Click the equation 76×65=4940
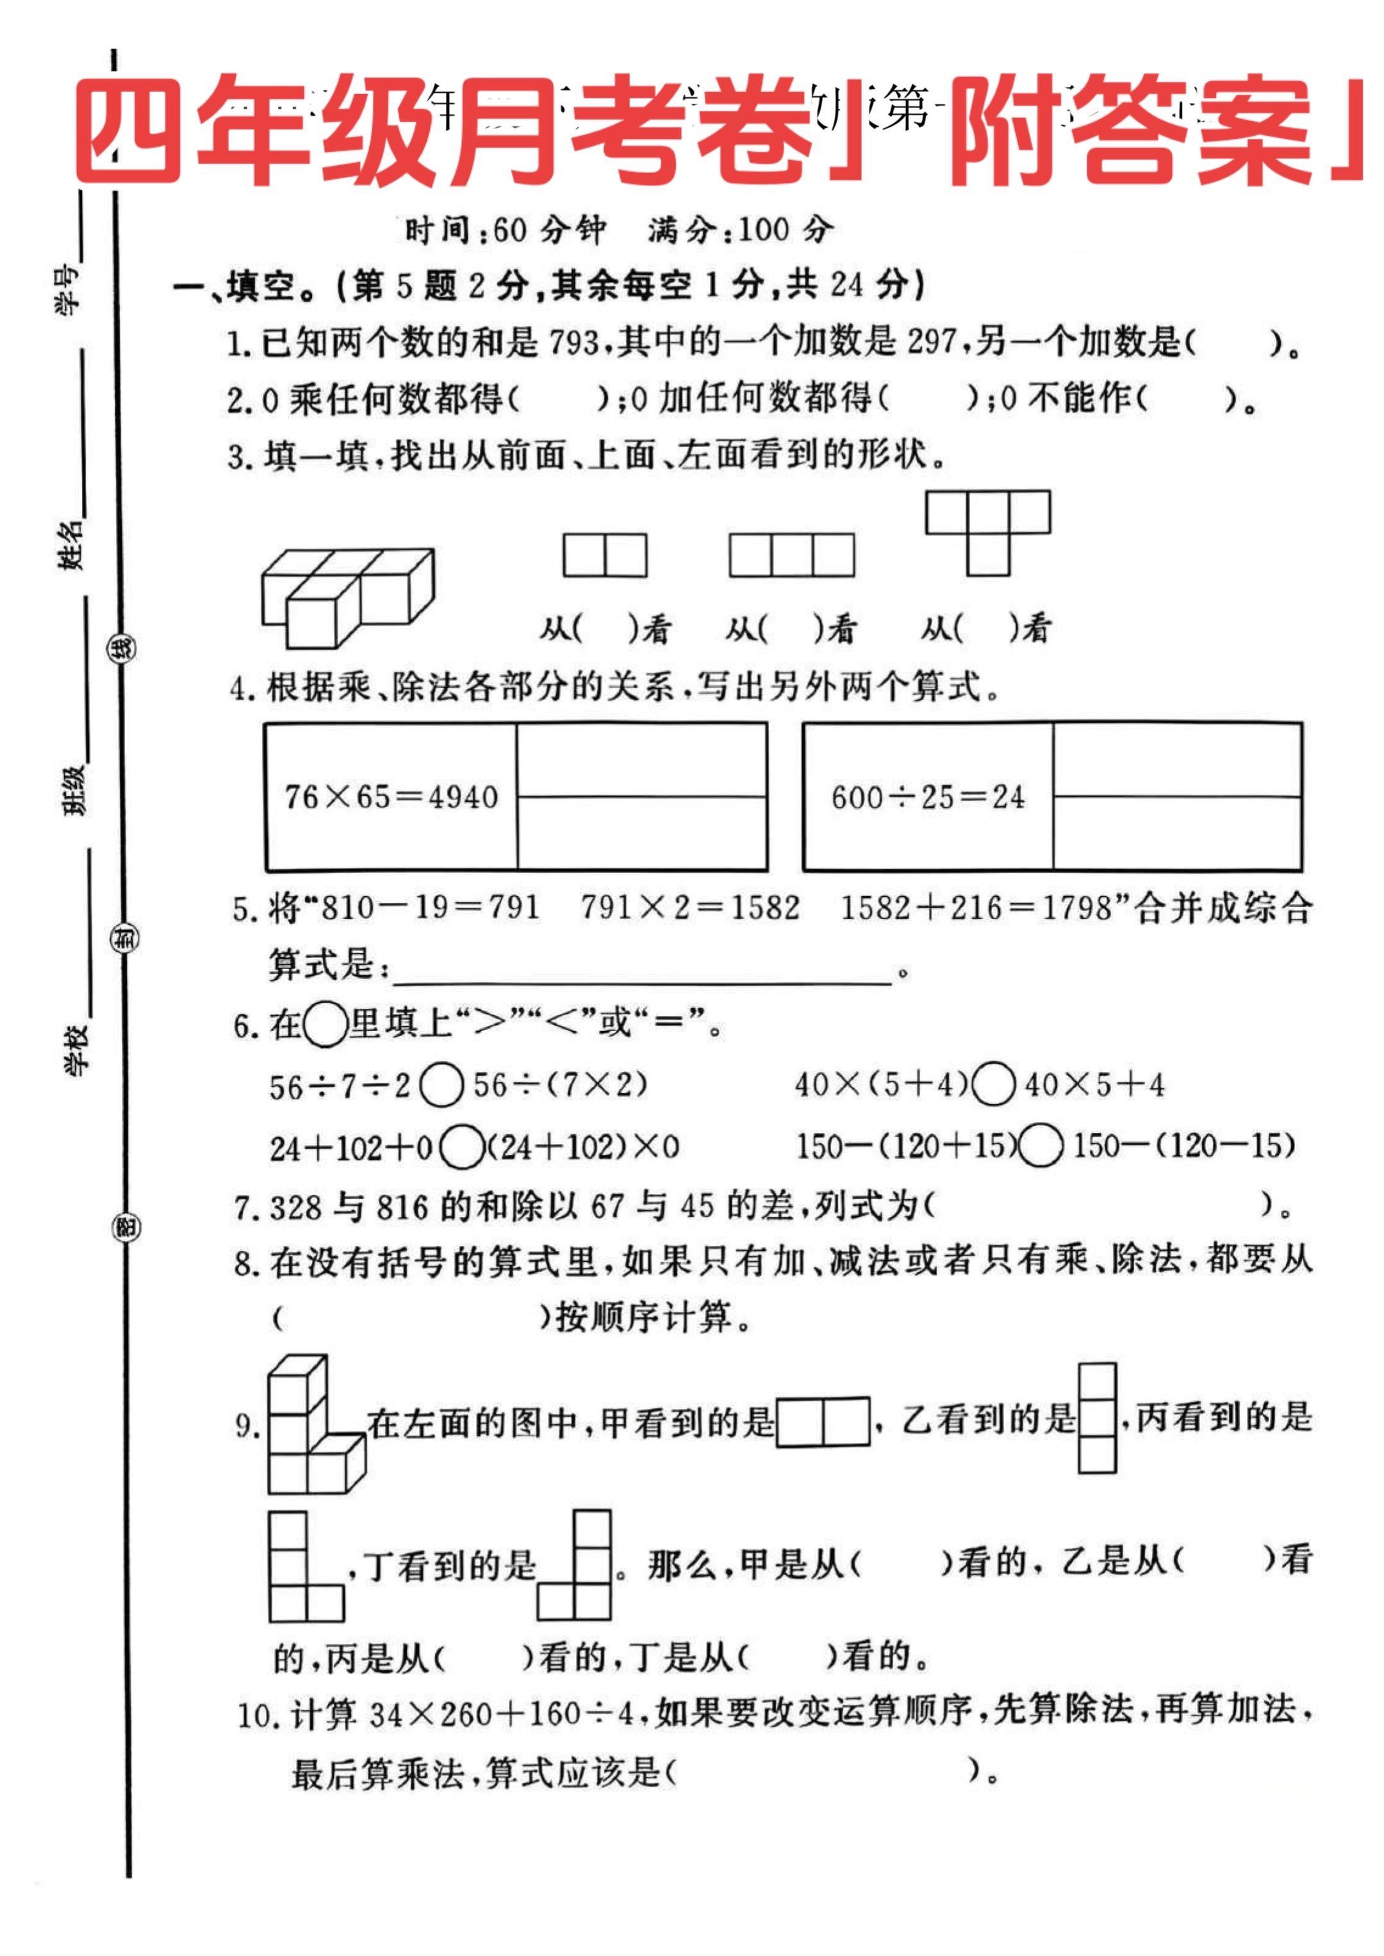tap(391, 797)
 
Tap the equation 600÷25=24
tap(928, 797)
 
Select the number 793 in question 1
tap(573, 343)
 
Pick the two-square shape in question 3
tap(605, 555)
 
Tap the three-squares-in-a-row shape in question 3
tap(792, 555)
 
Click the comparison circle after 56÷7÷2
tap(441, 1086)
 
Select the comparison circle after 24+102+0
tap(462, 1148)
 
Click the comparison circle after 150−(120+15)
tap(1041, 1146)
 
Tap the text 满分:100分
tap(739, 230)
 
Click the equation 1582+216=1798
tap(976, 908)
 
